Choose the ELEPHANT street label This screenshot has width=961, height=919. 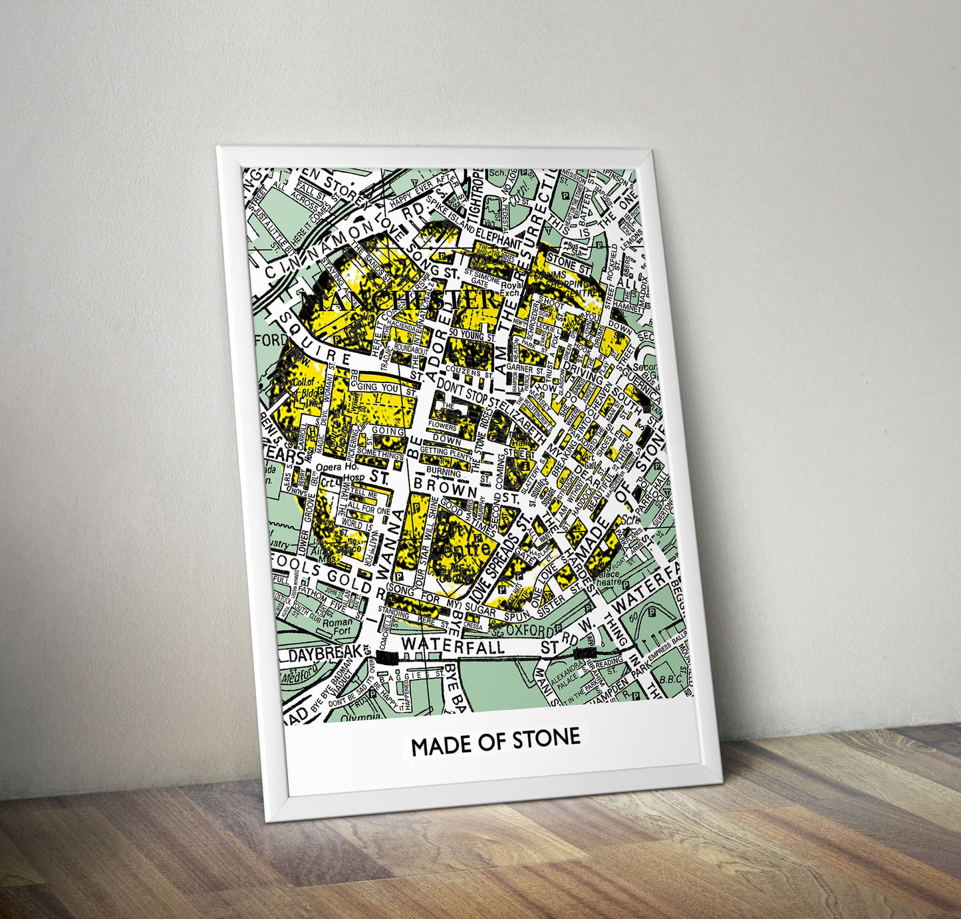pos(499,239)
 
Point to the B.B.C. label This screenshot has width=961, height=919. pos(671,680)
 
